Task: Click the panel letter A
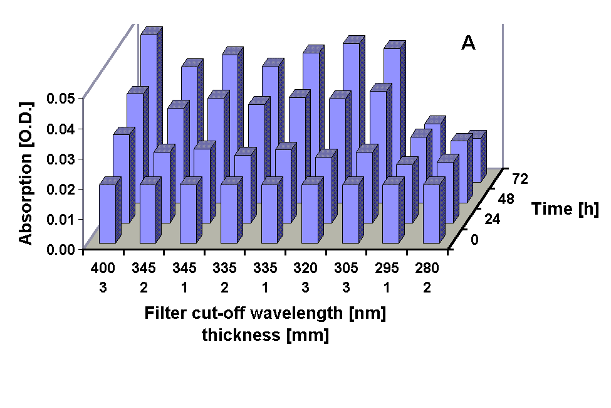[469, 43]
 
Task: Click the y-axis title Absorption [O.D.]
[25, 171]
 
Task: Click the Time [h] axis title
[565, 209]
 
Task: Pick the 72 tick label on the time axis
[520, 180]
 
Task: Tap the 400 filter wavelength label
[103, 269]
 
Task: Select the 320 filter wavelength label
[306, 269]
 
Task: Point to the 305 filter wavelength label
[346, 269]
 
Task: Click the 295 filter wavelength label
[387, 269]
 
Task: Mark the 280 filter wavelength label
[427, 269]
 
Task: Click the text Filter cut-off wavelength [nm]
[265, 313]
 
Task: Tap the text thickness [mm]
[265, 335]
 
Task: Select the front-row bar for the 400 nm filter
[107, 213]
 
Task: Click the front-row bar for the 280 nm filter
[431, 213]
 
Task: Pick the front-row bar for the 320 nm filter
[310, 213]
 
